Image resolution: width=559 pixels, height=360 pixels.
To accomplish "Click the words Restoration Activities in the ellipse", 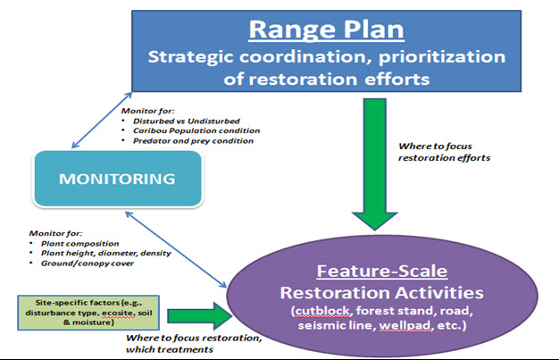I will tap(379, 291).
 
